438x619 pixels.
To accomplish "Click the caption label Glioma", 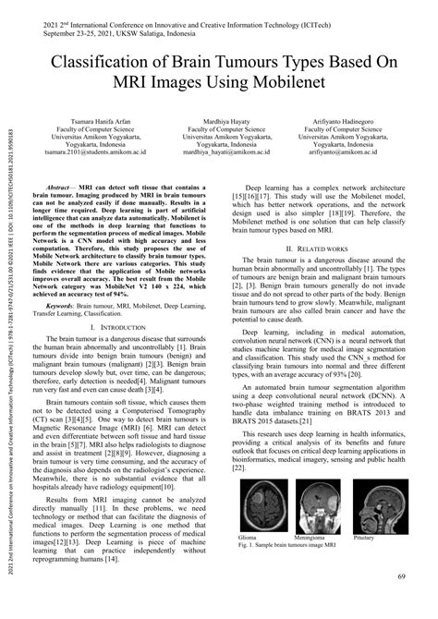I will tap(249, 535).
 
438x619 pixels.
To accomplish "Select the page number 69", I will tap(402, 577).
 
